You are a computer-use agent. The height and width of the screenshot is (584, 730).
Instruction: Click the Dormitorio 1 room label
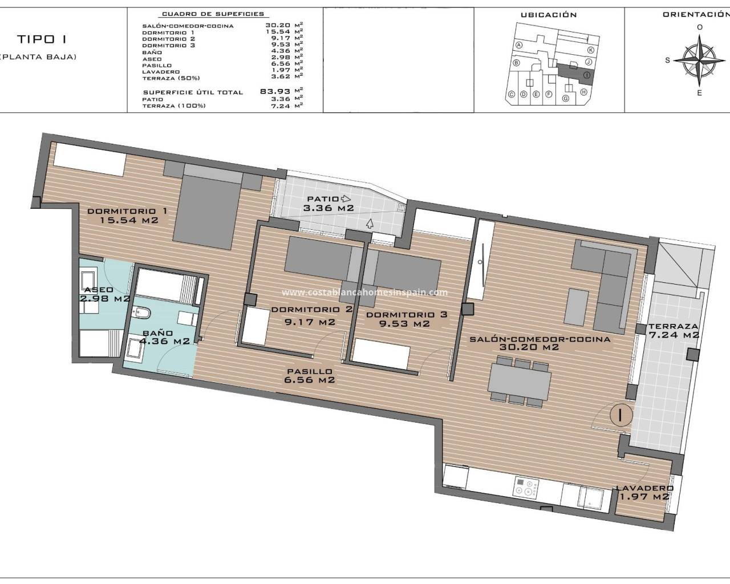(127, 216)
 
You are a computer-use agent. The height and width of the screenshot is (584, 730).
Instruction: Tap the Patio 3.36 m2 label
(328, 204)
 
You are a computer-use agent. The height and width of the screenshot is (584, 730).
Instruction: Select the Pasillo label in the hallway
(309, 376)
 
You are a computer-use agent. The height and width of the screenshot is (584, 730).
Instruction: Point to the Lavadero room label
(644, 492)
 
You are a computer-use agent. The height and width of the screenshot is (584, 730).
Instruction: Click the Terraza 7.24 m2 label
(674, 331)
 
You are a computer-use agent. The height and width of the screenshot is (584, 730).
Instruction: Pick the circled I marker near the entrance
(621, 415)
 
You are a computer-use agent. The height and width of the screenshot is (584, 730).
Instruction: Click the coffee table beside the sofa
(577, 306)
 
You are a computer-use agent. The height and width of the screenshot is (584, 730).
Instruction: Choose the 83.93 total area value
(275, 91)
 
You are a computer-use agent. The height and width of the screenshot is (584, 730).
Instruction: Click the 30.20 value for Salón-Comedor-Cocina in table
(278, 25)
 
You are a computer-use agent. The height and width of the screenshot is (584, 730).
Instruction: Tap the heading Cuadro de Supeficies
(213, 14)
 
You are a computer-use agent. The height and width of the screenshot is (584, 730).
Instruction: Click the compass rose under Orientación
(699, 61)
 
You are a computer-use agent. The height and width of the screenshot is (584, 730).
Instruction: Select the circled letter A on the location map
(518, 45)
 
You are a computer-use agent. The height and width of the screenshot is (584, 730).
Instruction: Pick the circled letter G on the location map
(566, 99)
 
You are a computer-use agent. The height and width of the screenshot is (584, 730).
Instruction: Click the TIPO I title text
(42, 39)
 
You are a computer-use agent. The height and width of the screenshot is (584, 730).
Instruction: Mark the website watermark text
(364, 293)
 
